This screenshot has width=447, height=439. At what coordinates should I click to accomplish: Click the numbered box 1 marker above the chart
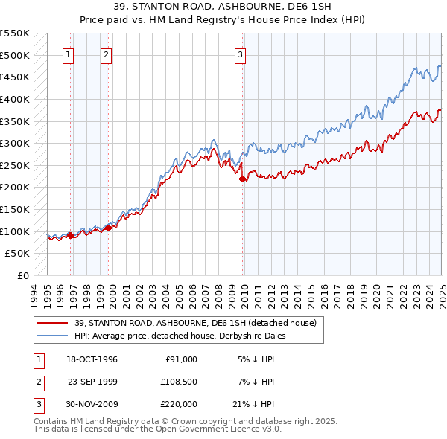click(x=69, y=54)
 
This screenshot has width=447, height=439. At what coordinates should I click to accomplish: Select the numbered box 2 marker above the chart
click(x=106, y=54)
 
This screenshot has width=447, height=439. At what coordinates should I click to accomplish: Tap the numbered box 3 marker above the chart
click(x=241, y=54)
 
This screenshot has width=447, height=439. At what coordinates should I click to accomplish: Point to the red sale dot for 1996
click(x=70, y=235)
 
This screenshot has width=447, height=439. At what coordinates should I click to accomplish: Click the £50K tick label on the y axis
click(x=19, y=254)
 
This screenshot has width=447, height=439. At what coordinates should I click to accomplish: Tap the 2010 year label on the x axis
click(x=245, y=293)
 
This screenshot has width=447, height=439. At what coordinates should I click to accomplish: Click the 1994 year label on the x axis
click(x=34, y=293)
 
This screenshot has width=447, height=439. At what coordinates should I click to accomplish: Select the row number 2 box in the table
click(x=37, y=382)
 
